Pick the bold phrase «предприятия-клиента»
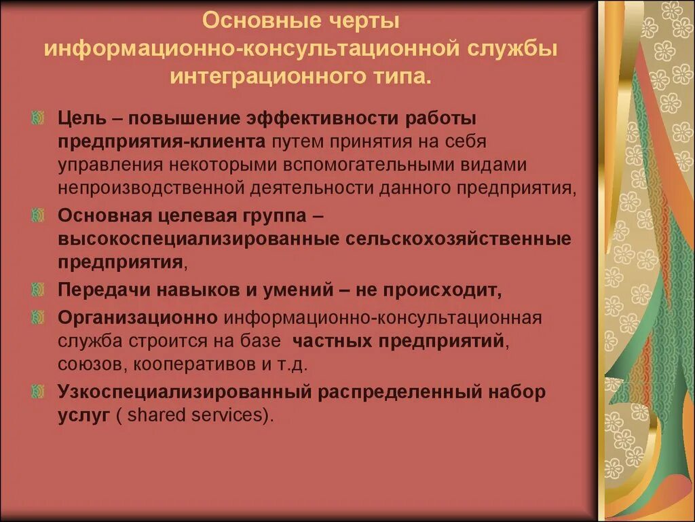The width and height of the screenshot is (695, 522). click(x=161, y=141)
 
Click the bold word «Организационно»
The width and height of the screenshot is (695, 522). click(x=138, y=317)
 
